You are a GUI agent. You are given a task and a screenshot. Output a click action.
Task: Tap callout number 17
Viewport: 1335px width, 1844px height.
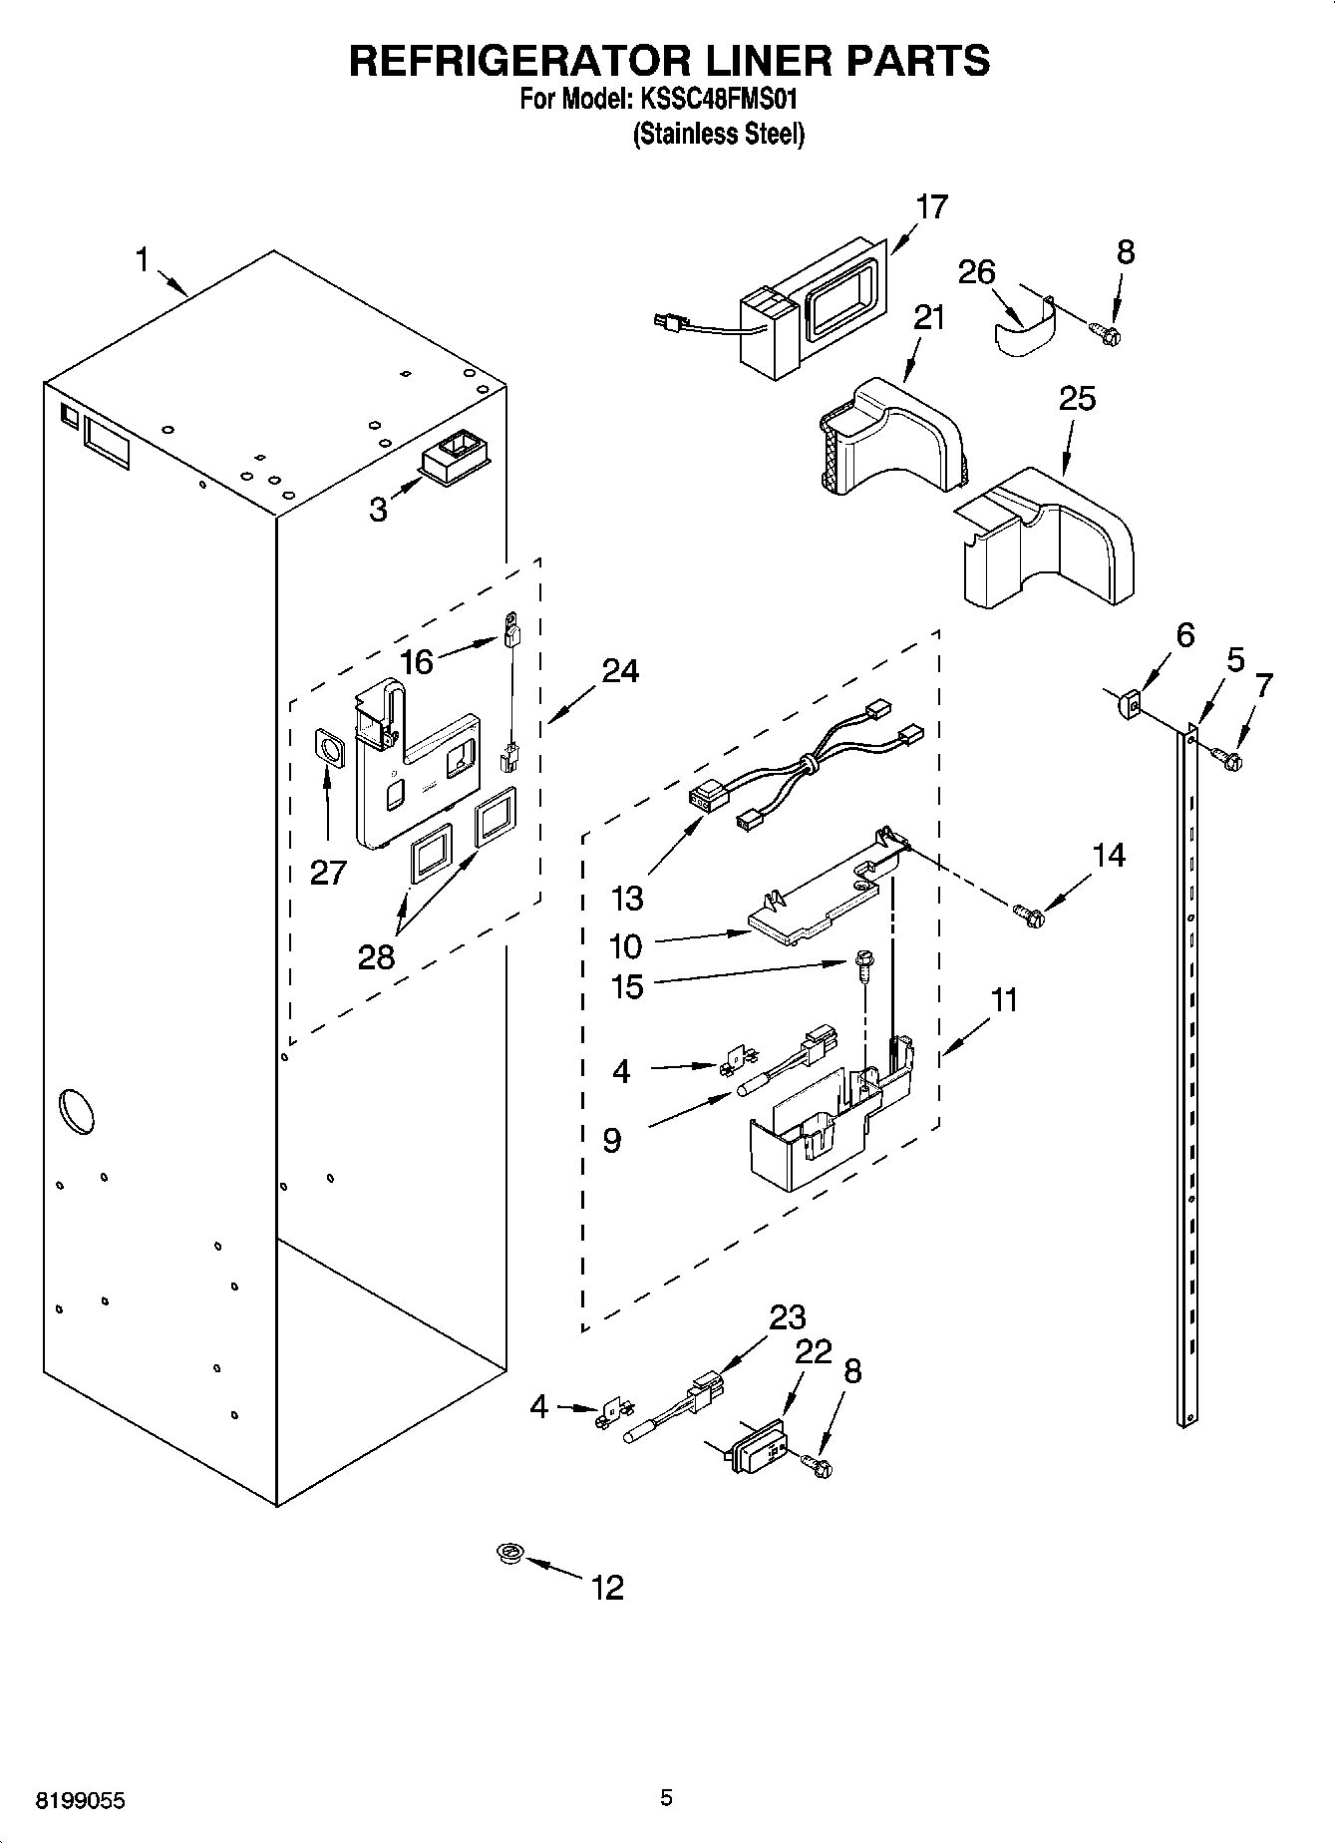point(931,207)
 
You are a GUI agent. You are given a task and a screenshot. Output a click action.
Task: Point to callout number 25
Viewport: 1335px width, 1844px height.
point(1077,399)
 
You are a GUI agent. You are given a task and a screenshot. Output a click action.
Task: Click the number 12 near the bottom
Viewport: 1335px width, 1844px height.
point(607,1587)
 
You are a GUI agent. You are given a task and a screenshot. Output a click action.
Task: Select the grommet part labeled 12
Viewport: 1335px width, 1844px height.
point(510,1553)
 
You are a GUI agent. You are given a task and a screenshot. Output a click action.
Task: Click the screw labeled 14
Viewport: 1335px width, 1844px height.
point(1027,913)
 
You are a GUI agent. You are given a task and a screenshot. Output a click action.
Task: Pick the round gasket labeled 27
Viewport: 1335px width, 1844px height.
point(327,748)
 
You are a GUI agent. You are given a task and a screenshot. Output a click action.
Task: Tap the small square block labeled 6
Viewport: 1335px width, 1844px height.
point(1128,706)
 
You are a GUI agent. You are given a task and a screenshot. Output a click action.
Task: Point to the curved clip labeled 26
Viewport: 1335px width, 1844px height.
point(1023,334)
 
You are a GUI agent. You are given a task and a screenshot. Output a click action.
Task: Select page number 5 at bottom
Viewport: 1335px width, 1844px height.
point(666,1798)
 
